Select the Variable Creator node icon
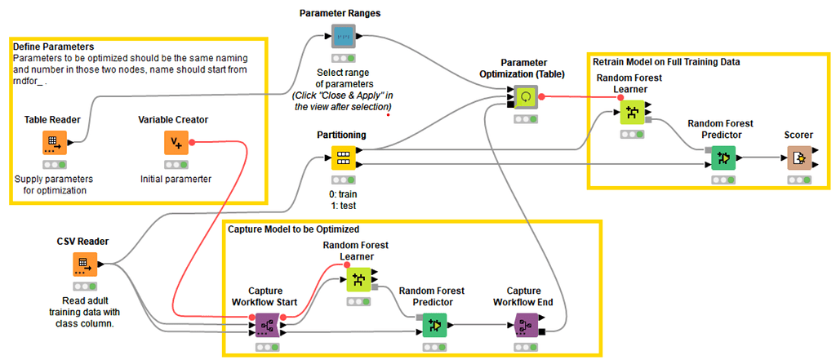click(176, 143)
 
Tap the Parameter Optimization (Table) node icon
click(525, 96)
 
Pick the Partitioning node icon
click(342, 158)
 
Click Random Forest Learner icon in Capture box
click(358, 281)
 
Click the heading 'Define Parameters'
click(53, 47)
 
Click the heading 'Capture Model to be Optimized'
click(293, 229)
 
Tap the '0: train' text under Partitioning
click(342, 195)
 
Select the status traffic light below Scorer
click(798, 179)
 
